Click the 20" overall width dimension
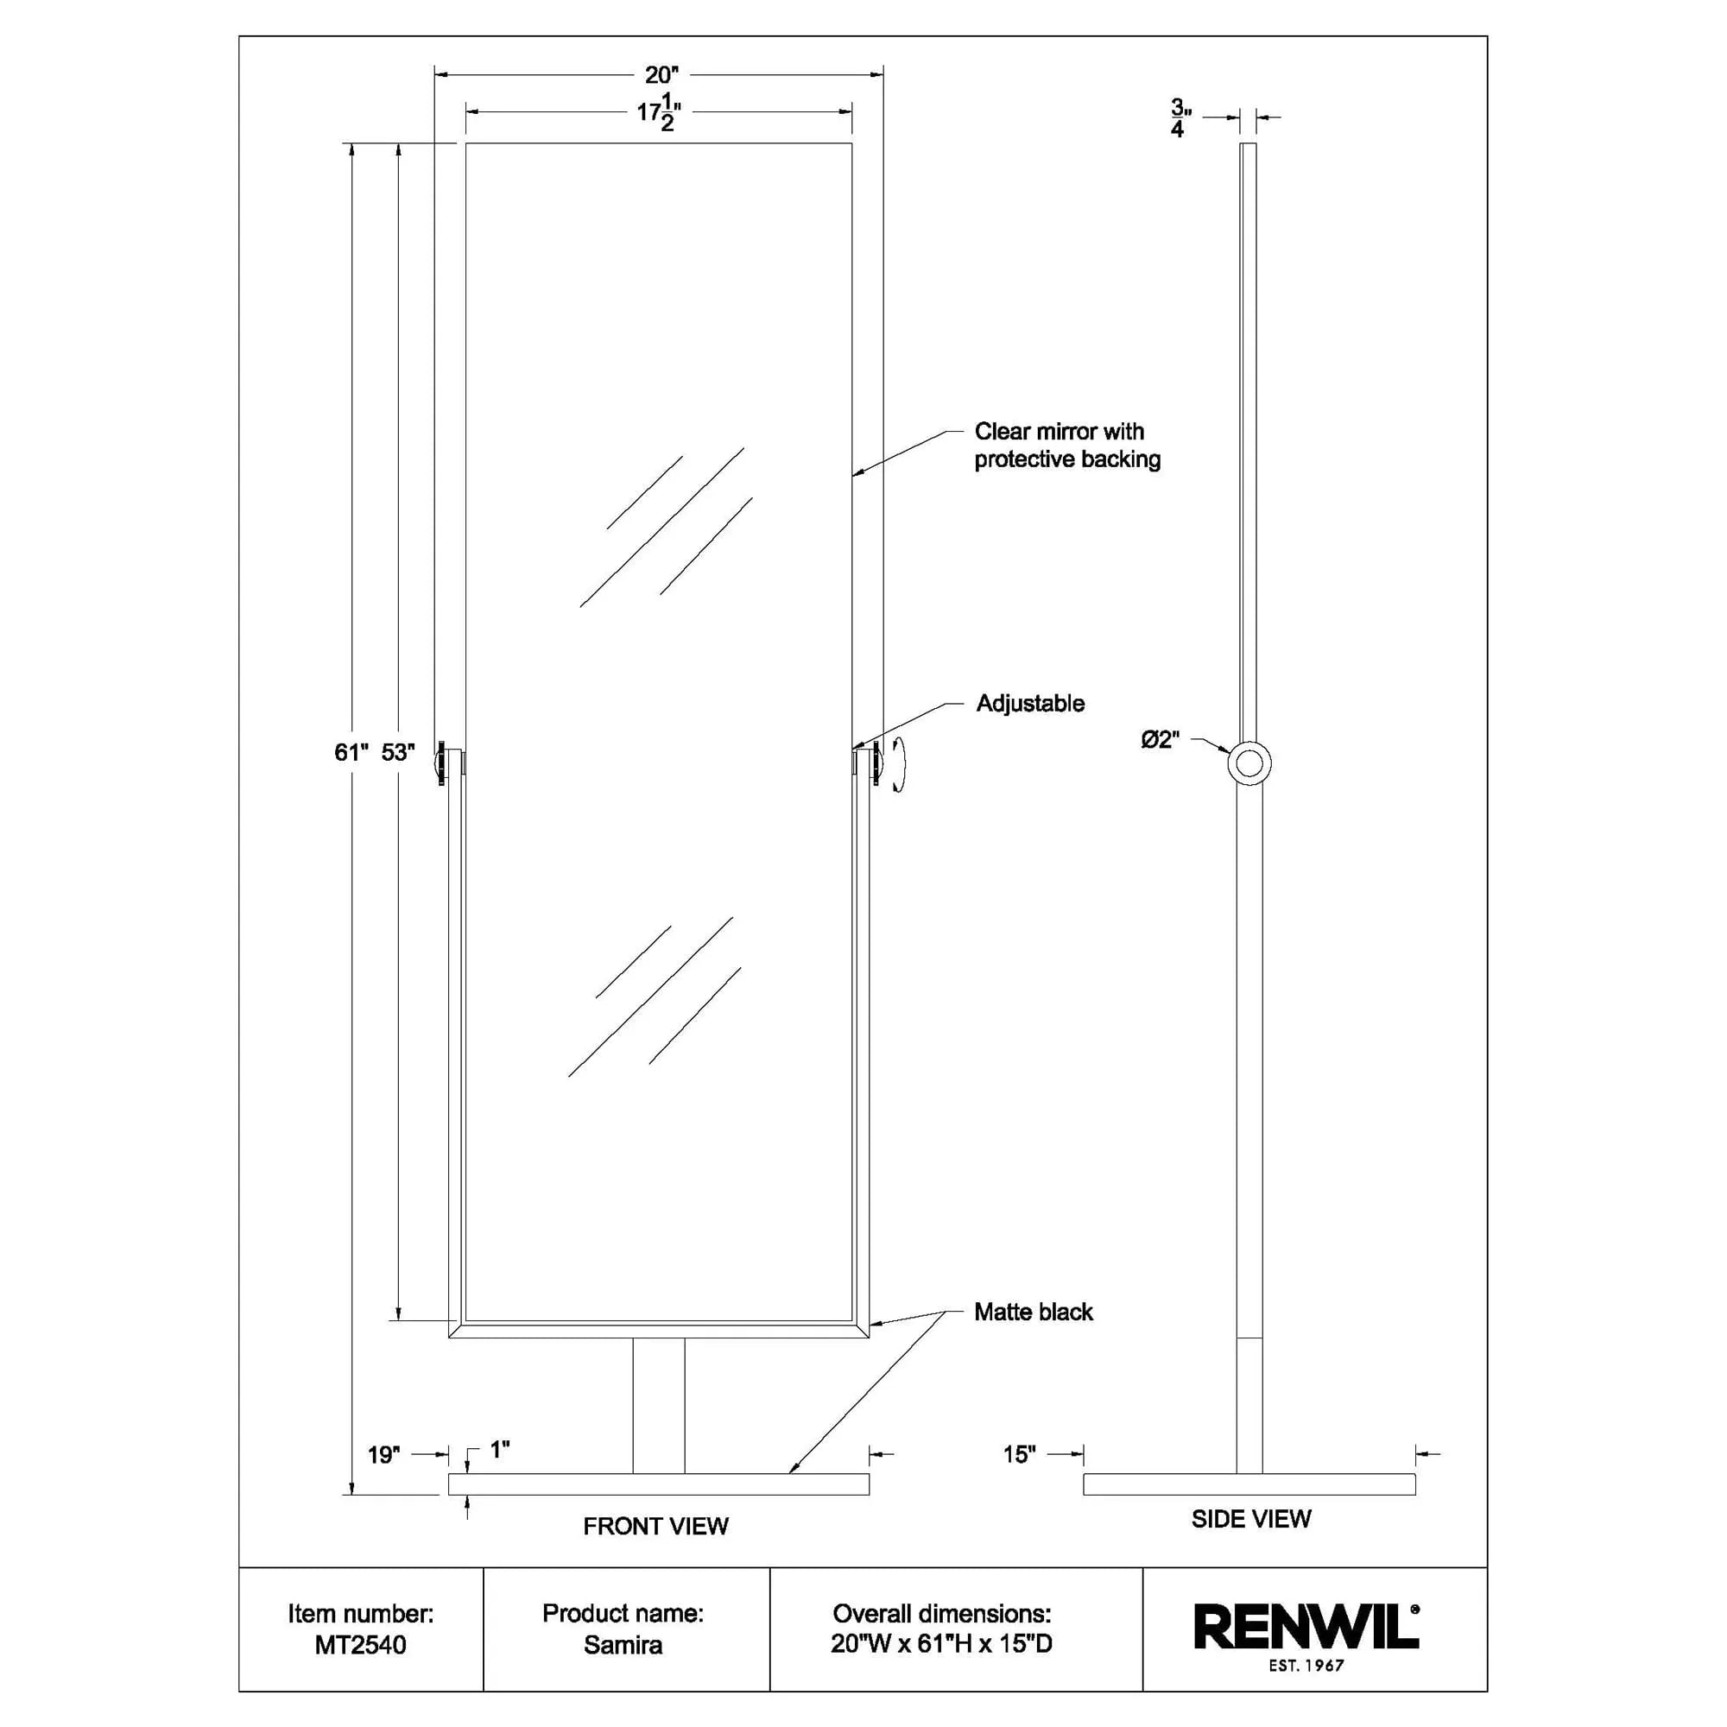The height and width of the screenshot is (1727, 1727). click(x=661, y=75)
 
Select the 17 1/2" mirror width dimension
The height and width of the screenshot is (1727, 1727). click(x=659, y=113)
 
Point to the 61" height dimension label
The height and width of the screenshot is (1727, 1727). click(x=351, y=753)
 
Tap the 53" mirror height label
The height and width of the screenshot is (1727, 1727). click(x=398, y=753)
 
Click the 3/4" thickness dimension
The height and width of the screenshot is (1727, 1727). click(x=1180, y=118)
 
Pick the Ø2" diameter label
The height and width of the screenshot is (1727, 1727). click(x=1161, y=739)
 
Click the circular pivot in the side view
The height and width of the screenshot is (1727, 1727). click(x=1249, y=763)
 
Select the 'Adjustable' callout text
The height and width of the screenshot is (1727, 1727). click(x=1030, y=704)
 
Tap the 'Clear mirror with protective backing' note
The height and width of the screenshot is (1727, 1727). click(x=1066, y=446)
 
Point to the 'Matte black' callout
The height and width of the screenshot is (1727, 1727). click(x=1034, y=1313)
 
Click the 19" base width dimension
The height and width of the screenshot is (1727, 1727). click(x=383, y=1455)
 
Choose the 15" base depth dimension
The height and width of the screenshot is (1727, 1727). click(x=1018, y=1454)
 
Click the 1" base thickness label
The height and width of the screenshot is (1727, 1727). click(x=499, y=1450)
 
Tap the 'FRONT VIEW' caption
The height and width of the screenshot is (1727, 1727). click(x=655, y=1527)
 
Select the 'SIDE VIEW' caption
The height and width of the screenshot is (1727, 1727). click(x=1250, y=1519)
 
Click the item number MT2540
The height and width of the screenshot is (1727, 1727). click(x=360, y=1645)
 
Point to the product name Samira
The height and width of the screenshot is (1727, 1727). click(x=623, y=1645)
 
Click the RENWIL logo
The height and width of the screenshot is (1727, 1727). click(x=1306, y=1627)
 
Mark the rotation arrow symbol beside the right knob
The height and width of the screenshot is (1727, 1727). click(x=897, y=764)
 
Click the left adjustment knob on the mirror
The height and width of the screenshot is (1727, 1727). click(x=441, y=763)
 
